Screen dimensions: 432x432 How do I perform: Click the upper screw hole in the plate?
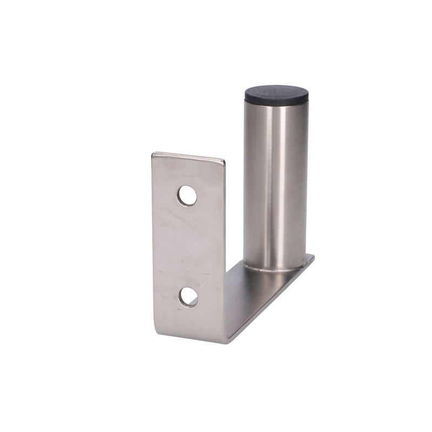(x=187, y=195)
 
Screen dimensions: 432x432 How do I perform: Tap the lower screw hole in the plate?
(x=188, y=297)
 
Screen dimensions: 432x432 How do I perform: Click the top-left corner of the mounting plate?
(x=153, y=154)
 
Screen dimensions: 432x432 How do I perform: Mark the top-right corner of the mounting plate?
(x=224, y=160)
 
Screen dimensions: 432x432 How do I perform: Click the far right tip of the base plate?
(x=314, y=257)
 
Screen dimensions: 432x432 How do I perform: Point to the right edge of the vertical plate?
(x=224, y=243)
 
